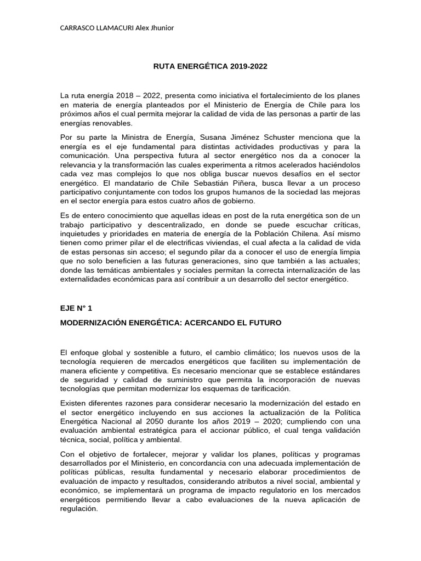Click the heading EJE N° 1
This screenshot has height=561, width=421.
76,309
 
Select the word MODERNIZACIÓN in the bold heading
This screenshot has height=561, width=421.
95,323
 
